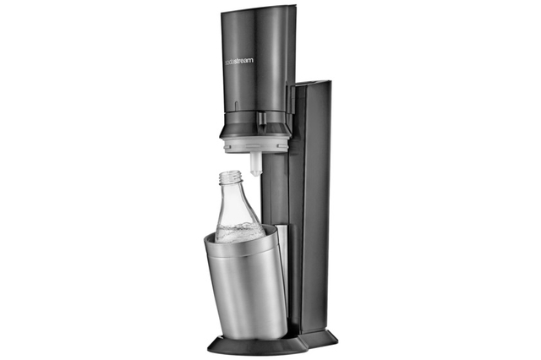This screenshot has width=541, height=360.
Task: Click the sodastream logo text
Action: click(x=239, y=61)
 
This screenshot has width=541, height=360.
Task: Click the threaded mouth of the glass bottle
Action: click(x=229, y=177)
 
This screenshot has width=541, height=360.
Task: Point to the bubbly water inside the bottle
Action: click(x=238, y=233)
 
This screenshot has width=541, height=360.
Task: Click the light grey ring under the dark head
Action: click(x=256, y=144)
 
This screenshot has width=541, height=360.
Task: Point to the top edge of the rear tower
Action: click(x=314, y=83)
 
